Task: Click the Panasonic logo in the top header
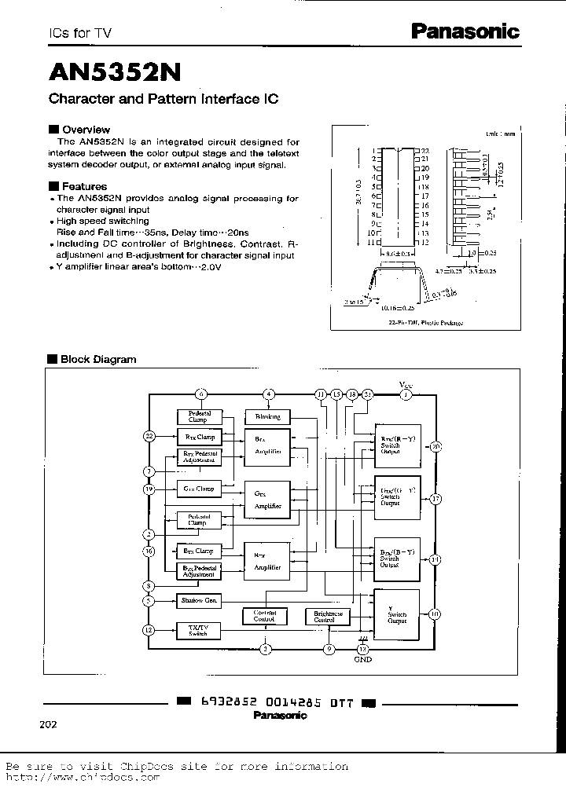(x=466, y=31)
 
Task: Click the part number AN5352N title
(x=115, y=72)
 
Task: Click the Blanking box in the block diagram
(x=268, y=416)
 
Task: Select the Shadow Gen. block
(x=199, y=601)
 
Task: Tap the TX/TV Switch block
(x=199, y=630)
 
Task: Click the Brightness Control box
(x=329, y=617)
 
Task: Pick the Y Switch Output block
(x=397, y=615)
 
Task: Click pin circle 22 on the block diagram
(x=149, y=435)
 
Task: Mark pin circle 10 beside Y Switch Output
(x=435, y=614)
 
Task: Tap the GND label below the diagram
(x=362, y=659)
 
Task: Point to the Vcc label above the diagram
(x=406, y=384)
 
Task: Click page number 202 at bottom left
(x=47, y=724)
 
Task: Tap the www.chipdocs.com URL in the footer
(x=83, y=777)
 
